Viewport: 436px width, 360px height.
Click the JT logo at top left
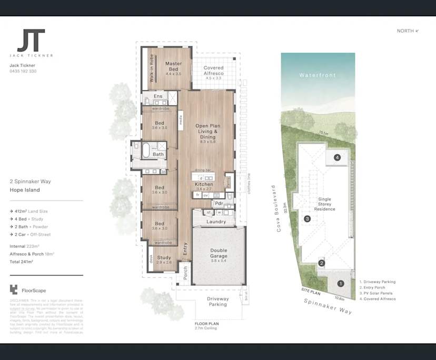coord(31,41)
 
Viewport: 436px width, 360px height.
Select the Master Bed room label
coord(173,66)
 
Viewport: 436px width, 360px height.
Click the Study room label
coord(164,258)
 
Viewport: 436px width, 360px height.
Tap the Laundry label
coord(216,222)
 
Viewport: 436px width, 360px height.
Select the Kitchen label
coord(204,185)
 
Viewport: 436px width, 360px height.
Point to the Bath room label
coord(158,154)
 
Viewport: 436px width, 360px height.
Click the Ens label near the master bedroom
coord(158,96)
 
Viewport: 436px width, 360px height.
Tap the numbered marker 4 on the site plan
coord(337,157)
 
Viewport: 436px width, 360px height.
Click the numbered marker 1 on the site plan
coord(340,283)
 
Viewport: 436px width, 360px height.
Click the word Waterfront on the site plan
coord(318,76)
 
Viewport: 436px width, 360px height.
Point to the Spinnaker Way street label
coord(328,305)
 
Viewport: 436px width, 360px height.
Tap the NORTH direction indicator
coord(408,31)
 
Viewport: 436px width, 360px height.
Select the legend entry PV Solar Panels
coord(377,294)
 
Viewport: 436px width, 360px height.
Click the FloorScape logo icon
coord(14,289)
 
